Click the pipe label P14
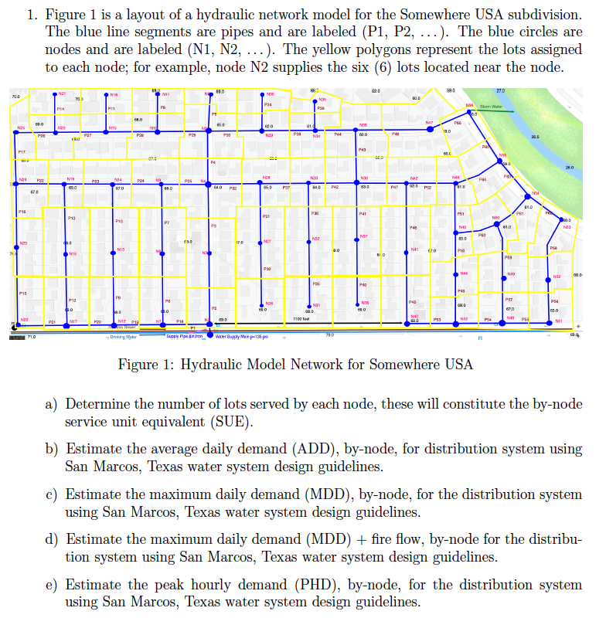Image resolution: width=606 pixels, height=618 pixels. pyautogui.click(x=60, y=110)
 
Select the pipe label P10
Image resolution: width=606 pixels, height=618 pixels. pyautogui.click(x=119, y=222)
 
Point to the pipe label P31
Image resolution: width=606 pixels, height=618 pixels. pyautogui.click(x=266, y=216)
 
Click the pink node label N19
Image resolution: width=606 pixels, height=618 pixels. pyautogui.click(x=70, y=178)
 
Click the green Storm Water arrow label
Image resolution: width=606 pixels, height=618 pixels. pyautogui.click(x=492, y=107)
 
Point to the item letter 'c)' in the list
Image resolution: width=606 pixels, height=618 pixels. pyautogui.click(x=52, y=493)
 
